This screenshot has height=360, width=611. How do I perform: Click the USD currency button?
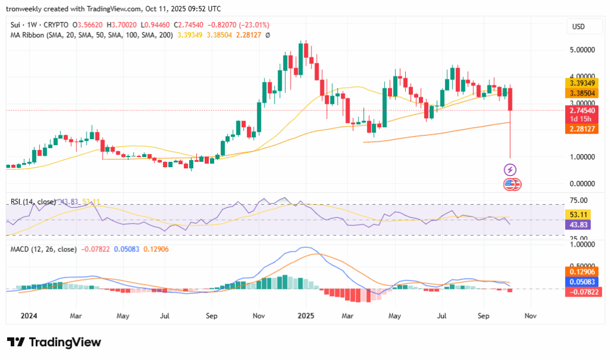click(x=578, y=27)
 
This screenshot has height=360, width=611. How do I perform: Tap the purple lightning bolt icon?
click(x=511, y=170)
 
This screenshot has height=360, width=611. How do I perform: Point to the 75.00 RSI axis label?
click(x=579, y=201)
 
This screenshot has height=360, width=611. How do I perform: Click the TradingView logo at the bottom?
click(x=54, y=342)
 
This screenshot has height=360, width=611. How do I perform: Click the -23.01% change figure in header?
click(x=253, y=25)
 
